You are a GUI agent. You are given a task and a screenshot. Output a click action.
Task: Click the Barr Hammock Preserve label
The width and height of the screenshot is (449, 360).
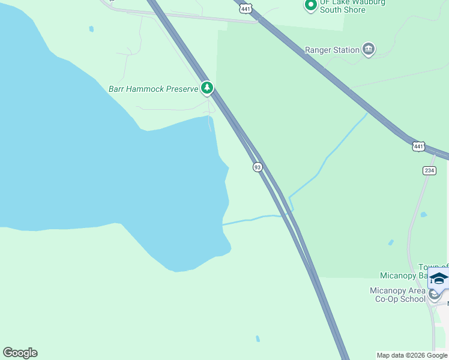pos(153,89)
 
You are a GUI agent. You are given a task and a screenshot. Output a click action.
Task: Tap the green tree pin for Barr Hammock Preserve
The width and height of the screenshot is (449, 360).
pos(207,88)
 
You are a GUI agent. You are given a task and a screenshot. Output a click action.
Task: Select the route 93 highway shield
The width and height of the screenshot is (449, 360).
pos(258,167)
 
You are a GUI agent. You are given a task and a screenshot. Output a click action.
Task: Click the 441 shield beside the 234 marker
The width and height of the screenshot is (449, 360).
pos(418,146)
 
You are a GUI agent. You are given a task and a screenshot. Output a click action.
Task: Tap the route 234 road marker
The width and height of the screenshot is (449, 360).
pos(429,170)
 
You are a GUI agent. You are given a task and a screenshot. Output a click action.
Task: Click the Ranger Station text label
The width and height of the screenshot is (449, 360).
pos(332,50)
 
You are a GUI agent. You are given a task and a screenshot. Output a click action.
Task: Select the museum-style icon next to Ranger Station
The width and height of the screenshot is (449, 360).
pos(369,50)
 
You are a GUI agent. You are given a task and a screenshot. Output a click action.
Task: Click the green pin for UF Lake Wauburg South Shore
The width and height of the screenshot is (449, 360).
pos(310,5)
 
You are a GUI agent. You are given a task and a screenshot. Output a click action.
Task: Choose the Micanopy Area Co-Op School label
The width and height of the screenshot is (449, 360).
pos(397,295)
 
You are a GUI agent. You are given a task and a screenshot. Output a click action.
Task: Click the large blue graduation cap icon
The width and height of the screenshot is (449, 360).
pos(439,279)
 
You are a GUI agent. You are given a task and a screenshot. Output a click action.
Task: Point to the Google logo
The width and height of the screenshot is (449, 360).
pos(20,353)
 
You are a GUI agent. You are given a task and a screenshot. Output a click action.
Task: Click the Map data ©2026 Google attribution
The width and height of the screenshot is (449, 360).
pos(412,355)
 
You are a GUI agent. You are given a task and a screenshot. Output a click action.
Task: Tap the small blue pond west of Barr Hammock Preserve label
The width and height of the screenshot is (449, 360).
pos(91,29)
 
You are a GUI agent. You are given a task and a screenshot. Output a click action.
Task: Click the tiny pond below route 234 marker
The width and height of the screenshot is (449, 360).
pos(424,214)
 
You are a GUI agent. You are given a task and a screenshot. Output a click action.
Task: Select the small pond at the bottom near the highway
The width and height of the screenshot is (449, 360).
pos(258,339)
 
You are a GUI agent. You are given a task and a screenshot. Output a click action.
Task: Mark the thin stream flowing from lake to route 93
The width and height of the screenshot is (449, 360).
pos(252,218)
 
